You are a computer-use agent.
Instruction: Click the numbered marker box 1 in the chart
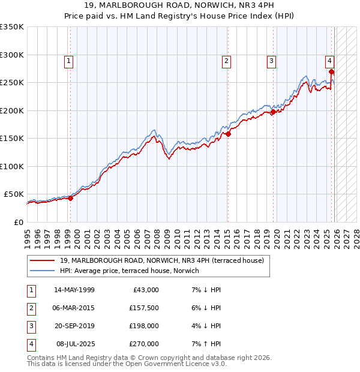pos(69,61)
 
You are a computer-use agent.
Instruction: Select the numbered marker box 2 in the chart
pos(226,61)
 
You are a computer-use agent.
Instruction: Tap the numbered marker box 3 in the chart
pos(271,61)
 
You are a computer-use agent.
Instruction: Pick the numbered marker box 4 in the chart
pos(330,61)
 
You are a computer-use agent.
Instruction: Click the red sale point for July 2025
pos(331,72)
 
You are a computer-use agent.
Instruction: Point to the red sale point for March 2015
pos(228,134)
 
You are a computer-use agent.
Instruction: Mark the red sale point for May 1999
pos(70,198)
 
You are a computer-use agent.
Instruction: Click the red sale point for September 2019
pos(273,112)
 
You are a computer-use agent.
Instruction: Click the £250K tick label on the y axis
pos(12,83)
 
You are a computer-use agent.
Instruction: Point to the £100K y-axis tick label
pos(12,166)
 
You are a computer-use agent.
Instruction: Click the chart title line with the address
pos(179,7)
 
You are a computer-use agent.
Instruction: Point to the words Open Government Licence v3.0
pos(179,364)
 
